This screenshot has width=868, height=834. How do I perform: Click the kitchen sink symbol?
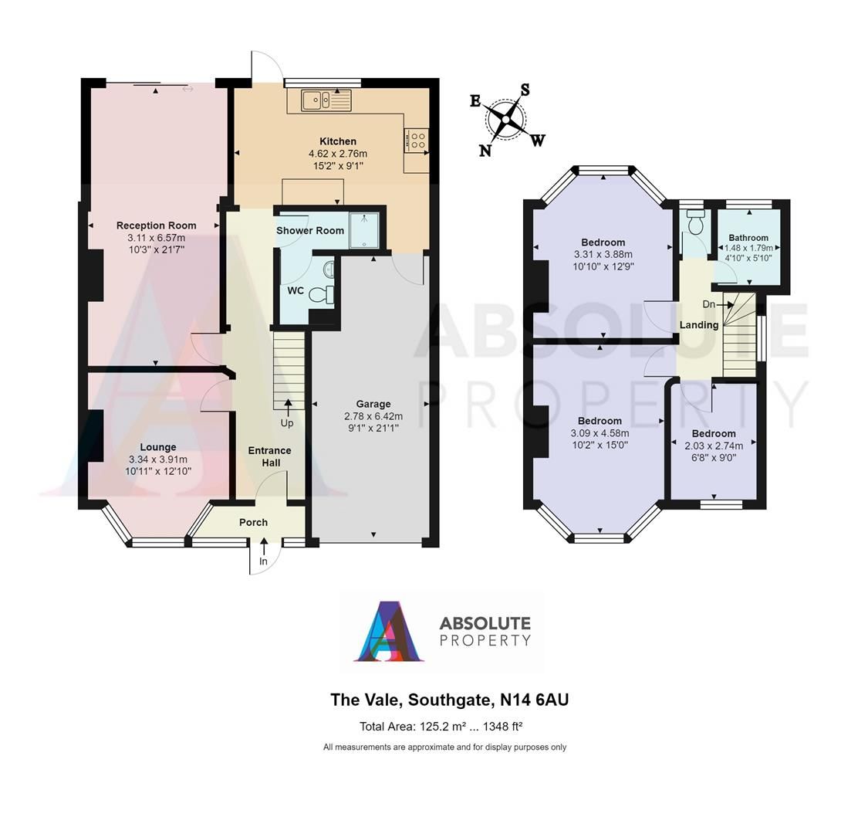326,99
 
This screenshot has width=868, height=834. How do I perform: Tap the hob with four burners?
417,141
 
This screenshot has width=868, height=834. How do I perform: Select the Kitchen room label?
338,141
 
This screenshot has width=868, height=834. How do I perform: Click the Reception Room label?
157,225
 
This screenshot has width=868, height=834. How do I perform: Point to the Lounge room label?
158,447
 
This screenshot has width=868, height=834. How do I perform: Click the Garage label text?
373,404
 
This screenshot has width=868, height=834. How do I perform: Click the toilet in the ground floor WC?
328,294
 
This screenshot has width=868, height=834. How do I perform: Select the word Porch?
253,522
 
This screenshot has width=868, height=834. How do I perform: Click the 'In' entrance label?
263,561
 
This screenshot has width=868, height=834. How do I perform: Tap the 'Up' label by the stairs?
287,423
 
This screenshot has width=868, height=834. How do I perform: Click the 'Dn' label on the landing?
708,304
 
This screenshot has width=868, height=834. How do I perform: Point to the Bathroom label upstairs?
748,238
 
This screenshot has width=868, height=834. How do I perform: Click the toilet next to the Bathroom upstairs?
696,223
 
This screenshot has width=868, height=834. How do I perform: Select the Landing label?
699,325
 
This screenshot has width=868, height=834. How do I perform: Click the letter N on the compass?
485,151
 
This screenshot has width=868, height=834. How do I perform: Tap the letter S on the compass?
525,90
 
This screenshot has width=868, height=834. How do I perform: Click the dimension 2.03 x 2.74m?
713,446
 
